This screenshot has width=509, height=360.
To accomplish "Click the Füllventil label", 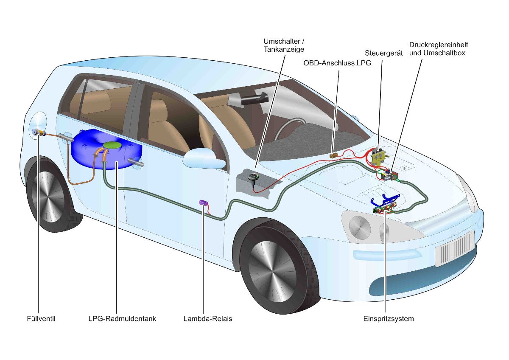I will (39, 318).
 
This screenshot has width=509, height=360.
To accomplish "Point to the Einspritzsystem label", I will (388, 318).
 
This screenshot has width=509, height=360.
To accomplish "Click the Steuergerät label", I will (384, 53).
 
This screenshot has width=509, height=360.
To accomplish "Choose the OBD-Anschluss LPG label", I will (337, 63).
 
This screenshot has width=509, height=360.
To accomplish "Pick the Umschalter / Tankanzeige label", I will (284, 45).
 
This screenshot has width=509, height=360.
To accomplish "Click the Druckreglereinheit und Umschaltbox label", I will (439, 48).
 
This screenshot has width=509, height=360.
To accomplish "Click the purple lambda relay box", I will (203, 203).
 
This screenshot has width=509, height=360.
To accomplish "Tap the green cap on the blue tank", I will (112, 145).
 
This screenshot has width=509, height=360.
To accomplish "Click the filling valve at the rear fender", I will (38, 133).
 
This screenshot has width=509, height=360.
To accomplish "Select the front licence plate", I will (454, 248).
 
